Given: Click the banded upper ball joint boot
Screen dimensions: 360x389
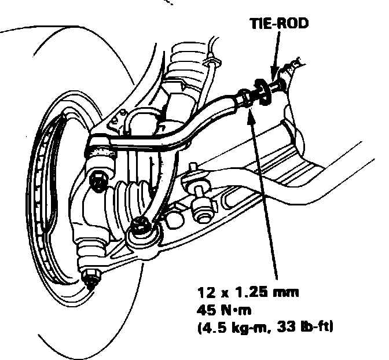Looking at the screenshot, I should (101, 150).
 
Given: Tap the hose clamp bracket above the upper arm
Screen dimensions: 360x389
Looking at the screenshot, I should (214, 60).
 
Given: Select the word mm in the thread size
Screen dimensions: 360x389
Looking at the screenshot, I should (288, 293).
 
